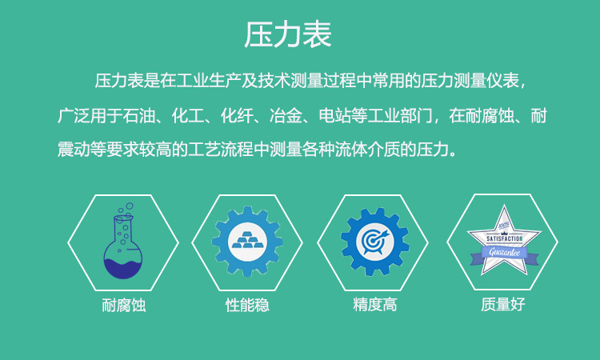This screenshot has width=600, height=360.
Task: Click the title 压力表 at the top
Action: [x=288, y=35]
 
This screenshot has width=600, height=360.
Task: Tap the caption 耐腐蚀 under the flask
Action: [x=123, y=306]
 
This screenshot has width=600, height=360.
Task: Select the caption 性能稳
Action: [x=247, y=306]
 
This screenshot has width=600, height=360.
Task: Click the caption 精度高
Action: [x=374, y=305]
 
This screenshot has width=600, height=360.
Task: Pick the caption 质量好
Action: [x=503, y=305]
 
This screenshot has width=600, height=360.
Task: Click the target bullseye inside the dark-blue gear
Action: [x=374, y=241]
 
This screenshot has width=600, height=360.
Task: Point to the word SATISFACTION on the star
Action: [x=504, y=238]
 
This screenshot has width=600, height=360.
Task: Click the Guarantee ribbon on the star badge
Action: [x=504, y=253]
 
